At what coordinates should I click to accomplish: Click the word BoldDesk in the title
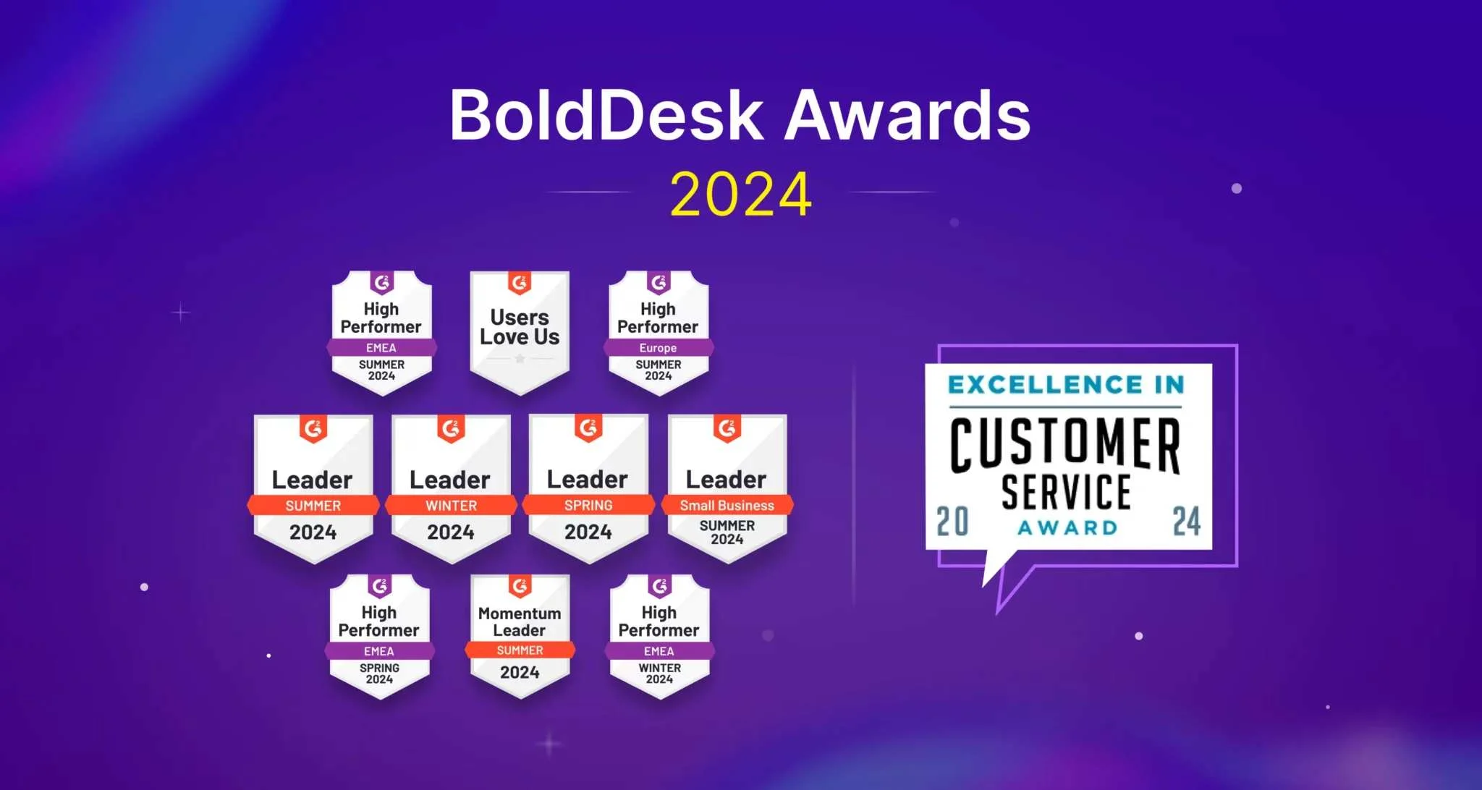(606, 116)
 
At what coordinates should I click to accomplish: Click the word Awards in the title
(907, 116)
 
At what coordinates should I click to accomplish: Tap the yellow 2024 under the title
(740, 194)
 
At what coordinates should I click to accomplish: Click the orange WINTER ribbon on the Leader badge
(451, 505)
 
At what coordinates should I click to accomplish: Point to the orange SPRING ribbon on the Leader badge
(588, 505)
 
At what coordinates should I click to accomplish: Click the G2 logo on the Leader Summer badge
(313, 429)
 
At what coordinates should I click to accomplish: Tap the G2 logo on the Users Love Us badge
(520, 282)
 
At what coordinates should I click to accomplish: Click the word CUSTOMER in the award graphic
(1064, 443)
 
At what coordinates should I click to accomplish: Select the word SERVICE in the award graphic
(1066, 492)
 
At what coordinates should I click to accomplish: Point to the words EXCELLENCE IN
(1066, 384)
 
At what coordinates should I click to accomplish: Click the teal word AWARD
(1068, 527)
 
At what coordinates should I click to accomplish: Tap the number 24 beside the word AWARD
(1186, 521)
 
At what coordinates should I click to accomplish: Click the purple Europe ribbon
(658, 348)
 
